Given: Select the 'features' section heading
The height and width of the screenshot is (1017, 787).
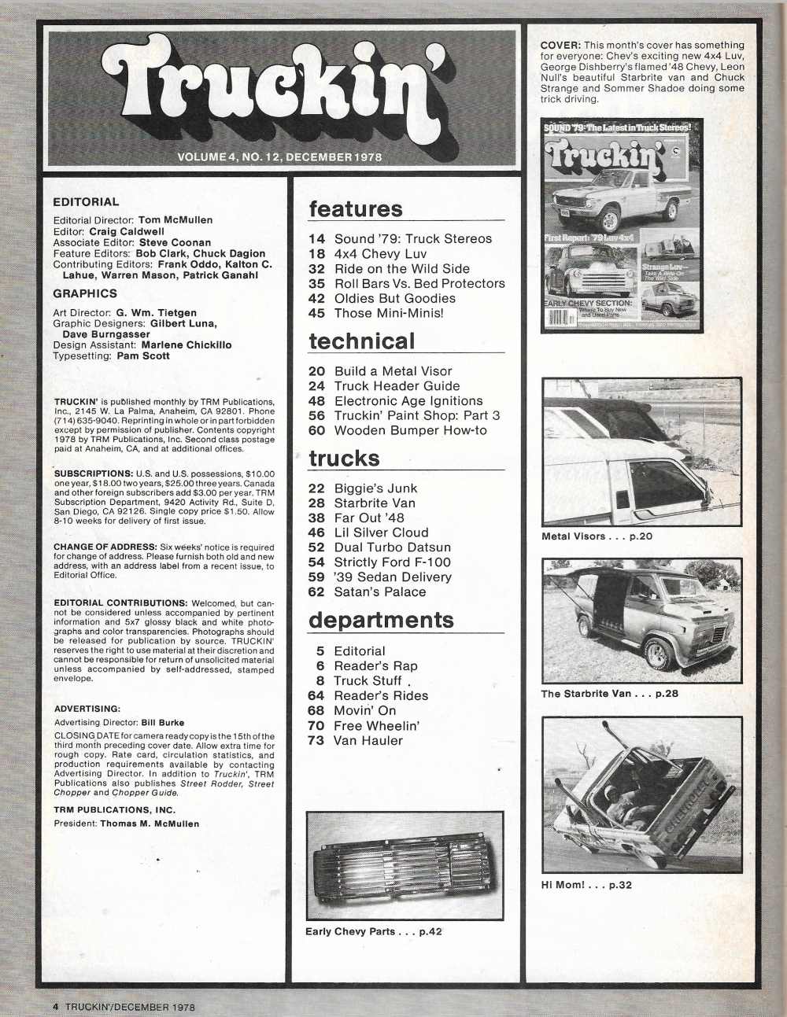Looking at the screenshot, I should [355, 209].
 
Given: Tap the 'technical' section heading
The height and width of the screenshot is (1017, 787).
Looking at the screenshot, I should [361, 341].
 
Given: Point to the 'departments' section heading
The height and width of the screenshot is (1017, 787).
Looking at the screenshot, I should [381, 620].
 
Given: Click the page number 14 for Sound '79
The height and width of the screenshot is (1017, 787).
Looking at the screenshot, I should [317, 238].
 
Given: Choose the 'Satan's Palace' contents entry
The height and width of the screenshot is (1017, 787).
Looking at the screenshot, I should [379, 592].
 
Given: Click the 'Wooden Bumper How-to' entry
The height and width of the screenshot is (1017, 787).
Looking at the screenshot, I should [410, 430].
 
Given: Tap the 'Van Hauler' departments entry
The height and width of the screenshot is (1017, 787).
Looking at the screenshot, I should [368, 741].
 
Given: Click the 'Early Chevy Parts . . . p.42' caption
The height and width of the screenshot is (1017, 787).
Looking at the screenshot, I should [374, 932].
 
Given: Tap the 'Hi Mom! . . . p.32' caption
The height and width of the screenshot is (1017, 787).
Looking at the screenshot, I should [586, 885].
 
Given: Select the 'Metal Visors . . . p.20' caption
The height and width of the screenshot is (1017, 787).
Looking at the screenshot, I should [597, 536].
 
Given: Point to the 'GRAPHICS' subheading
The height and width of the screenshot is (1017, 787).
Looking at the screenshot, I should [85, 293].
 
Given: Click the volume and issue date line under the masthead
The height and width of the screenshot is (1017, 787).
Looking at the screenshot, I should [279, 157].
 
